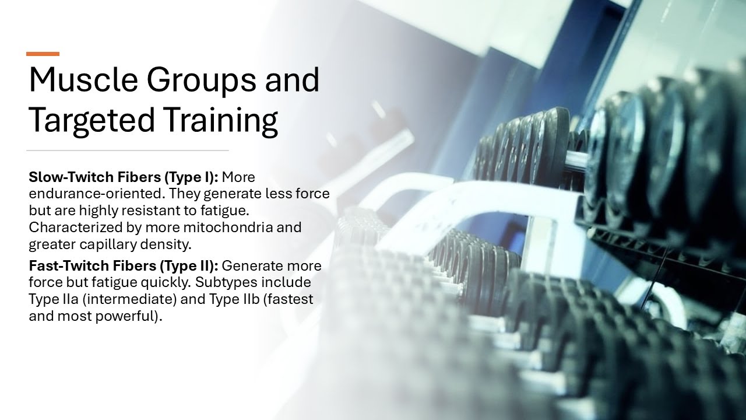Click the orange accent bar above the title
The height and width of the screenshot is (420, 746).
click(x=43, y=54)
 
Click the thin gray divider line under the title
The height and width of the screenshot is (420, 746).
click(x=128, y=150)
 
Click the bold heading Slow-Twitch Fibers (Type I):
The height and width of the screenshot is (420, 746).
click(x=124, y=177)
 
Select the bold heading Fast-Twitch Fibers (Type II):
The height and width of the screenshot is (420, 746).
click(x=124, y=266)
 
